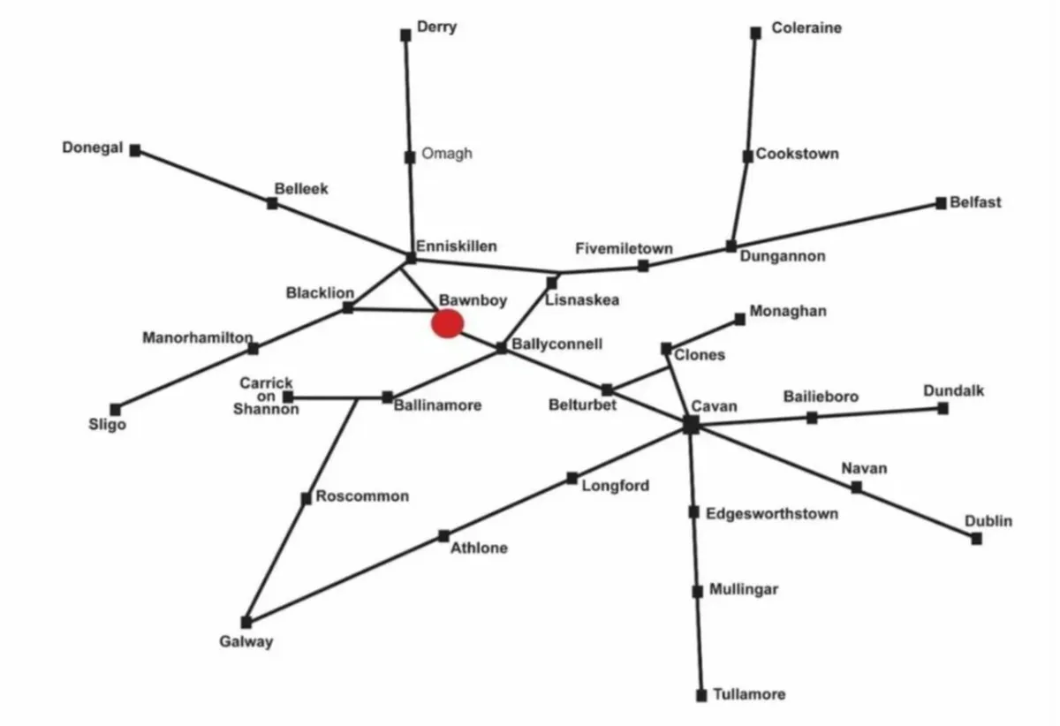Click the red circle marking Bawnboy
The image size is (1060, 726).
point(447,324)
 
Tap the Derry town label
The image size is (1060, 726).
point(436,27)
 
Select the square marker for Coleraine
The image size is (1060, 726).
point(756,34)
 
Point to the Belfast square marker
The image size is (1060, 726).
point(941,203)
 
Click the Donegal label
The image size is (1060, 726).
point(93,147)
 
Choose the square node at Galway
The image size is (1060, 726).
point(246,622)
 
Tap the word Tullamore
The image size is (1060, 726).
point(750,694)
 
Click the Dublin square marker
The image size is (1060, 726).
point(976,539)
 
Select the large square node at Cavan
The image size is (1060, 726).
point(691,424)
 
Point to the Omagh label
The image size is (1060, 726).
point(447,154)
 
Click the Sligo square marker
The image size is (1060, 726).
point(115,410)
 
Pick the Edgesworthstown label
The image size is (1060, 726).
point(772,513)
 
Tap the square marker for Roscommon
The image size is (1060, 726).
point(307,498)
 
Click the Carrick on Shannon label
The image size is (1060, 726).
point(266,396)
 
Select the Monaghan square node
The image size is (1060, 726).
point(739,320)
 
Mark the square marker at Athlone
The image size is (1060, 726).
point(443,536)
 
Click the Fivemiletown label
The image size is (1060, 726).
point(625,248)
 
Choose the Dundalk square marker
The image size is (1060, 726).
point(943,408)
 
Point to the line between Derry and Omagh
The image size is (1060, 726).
point(408,96)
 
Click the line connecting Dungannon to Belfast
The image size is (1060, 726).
point(837,225)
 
